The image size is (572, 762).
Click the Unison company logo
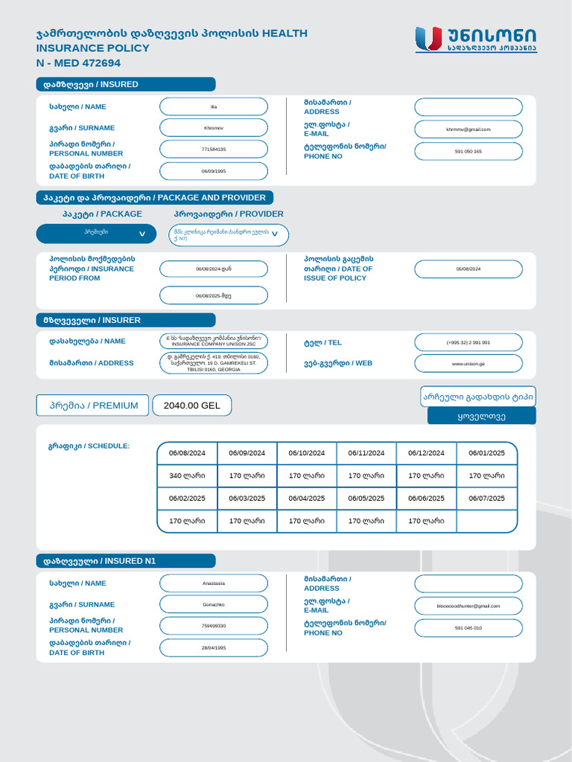pyautogui.click(x=474, y=39)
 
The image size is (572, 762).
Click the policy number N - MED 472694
pyautogui.click(x=78, y=63)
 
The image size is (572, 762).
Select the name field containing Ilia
pyautogui.click(x=214, y=106)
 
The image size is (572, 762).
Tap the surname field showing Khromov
pyautogui.click(x=214, y=128)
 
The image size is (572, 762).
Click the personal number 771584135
pyautogui.click(x=214, y=150)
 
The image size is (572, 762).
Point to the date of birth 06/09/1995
pyautogui.click(x=214, y=171)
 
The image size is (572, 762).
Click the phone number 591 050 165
pyautogui.click(x=468, y=151)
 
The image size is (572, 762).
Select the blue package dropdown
pyautogui.click(x=97, y=234)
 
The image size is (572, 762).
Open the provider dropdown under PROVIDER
pyautogui.click(x=228, y=235)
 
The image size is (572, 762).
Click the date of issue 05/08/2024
pyautogui.click(x=468, y=269)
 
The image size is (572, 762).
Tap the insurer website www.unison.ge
pyautogui.click(x=468, y=364)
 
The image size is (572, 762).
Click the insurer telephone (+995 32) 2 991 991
pyautogui.click(x=468, y=342)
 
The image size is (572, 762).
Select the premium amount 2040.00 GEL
pyautogui.click(x=192, y=406)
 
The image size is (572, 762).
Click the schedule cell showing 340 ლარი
pyautogui.click(x=187, y=476)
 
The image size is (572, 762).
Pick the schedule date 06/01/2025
pyautogui.click(x=486, y=453)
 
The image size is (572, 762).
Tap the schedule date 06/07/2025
pyautogui.click(x=486, y=499)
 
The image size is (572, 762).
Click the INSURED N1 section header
pyautogui.click(x=126, y=561)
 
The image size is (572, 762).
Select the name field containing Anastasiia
pyautogui.click(x=214, y=583)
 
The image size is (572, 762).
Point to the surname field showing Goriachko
pyautogui.click(x=214, y=605)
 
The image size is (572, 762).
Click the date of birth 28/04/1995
pyautogui.click(x=214, y=648)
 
